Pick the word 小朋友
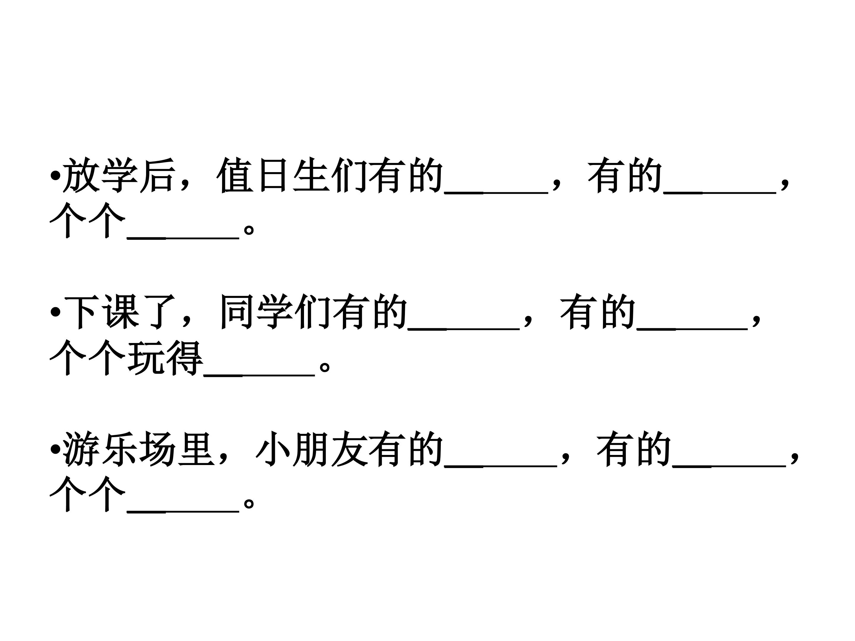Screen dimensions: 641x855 (x=311, y=449)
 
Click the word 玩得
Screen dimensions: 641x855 (x=165, y=358)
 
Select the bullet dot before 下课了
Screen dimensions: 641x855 (x=55, y=312)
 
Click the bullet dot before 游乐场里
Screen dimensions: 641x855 (x=55, y=449)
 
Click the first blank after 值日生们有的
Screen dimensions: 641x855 (x=496, y=191)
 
